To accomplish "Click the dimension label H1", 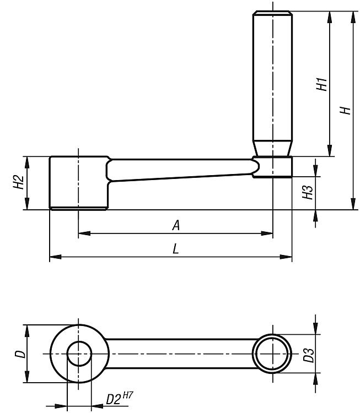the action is click(x=322, y=84).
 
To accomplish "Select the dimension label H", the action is click(x=345, y=110).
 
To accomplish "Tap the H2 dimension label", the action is click(x=19, y=182).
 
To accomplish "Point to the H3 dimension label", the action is click(x=308, y=192).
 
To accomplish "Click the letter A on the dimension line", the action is click(x=176, y=225).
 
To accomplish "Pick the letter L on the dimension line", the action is click(x=176, y=249).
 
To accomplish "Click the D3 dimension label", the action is click(x=309, y=355).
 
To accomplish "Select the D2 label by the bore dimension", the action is click(x=114, y=399).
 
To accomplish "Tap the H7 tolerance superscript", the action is click(x=128, y=395).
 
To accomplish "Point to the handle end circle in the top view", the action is click(x=272, y=334).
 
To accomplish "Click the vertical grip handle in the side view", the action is click(x=272, y=84).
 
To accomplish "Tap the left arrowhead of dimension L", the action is click(x=55, y=257).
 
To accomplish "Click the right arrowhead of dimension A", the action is click(x=267, y=233).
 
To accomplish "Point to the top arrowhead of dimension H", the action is click(x=353, y=17).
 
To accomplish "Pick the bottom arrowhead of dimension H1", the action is click(x=330, y=150).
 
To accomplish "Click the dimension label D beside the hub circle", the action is click(x=20, y=354).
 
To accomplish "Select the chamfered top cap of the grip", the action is click(x=272, y=13).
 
